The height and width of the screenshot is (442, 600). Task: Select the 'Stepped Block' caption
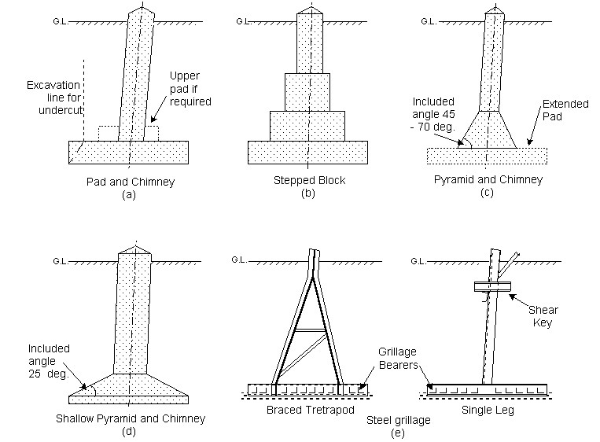pos(307,181)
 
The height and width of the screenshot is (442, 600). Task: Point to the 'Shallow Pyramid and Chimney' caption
pos(130,419)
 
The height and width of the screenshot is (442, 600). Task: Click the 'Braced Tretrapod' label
pos(308,411)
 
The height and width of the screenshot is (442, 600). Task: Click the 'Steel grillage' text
pos(399,420)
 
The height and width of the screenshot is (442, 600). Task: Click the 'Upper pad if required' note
pos(190,88)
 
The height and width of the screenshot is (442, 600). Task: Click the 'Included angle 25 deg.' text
pos(48,360)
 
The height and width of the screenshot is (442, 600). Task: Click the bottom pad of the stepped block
pos(307,152)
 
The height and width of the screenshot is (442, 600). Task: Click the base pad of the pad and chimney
pos(128,152)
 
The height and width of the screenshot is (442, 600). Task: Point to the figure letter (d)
pos(129,431)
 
